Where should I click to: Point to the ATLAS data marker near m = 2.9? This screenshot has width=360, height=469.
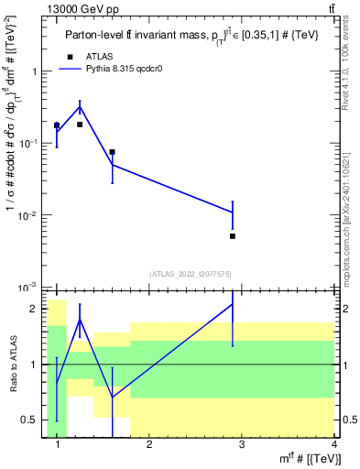point(233,236)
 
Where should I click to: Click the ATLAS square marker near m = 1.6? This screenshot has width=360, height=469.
point(112,152)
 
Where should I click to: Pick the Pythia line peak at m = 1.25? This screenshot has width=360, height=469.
point(80,107)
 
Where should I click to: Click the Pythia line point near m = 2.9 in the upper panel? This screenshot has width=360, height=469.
point(233,213)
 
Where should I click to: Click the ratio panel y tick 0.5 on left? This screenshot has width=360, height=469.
point(33,420)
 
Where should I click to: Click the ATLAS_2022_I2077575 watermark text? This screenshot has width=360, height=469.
point(191,273)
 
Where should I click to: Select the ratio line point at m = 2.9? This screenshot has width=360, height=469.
point(233,304)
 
